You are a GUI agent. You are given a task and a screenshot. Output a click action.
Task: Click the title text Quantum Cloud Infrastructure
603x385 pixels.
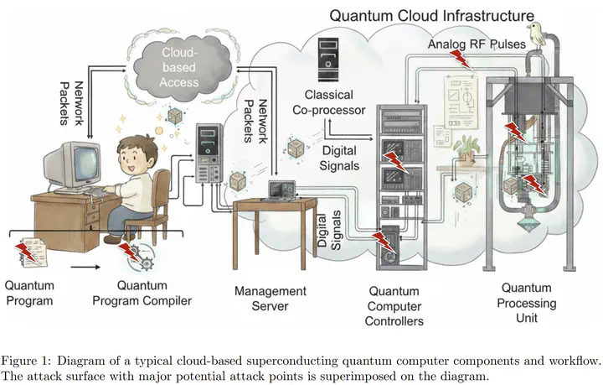(431, 15)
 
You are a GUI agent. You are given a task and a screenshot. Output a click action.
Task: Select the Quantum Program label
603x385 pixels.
(29, 294)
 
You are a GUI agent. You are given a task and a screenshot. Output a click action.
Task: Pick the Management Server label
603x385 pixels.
(270, 299)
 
